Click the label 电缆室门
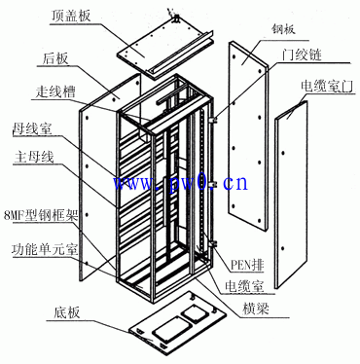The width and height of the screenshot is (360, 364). coord(321,86)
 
